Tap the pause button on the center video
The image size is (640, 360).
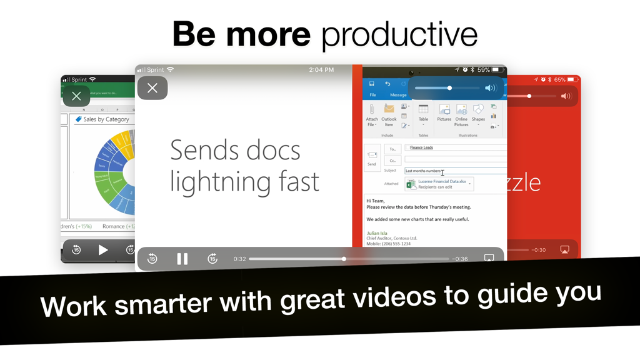pyautogui.click(x=182, y=259)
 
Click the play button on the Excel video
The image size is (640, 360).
pyautogui.click(x=103, y=250)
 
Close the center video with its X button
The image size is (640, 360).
pyautogui.click(x=152, y=88)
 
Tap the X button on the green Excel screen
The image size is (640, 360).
pyautogui.click(x=76, y=96)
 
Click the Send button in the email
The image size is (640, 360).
pyautogui.click(x=372, y=157)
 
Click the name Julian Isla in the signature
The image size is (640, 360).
pyautogui.click(x=377, y=233)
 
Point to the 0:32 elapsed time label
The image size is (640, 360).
pyautogui.click(x=239, y=259)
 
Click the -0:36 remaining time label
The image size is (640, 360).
pyautogui.click(x=460, y=259)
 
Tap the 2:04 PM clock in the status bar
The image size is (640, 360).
pyautogui.click(x=321, y=70)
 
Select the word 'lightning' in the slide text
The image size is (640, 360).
pyautogui.click(x=217, y=181)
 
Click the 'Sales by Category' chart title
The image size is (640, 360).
pyautogui.click(x=106, y=119)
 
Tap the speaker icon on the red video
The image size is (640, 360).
pyautogui.click(x=566, y=96)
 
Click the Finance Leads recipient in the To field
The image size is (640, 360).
pyautogui.click(x=421, y=147)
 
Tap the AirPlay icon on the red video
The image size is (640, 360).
pyautogui.click(x=564, y=250)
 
